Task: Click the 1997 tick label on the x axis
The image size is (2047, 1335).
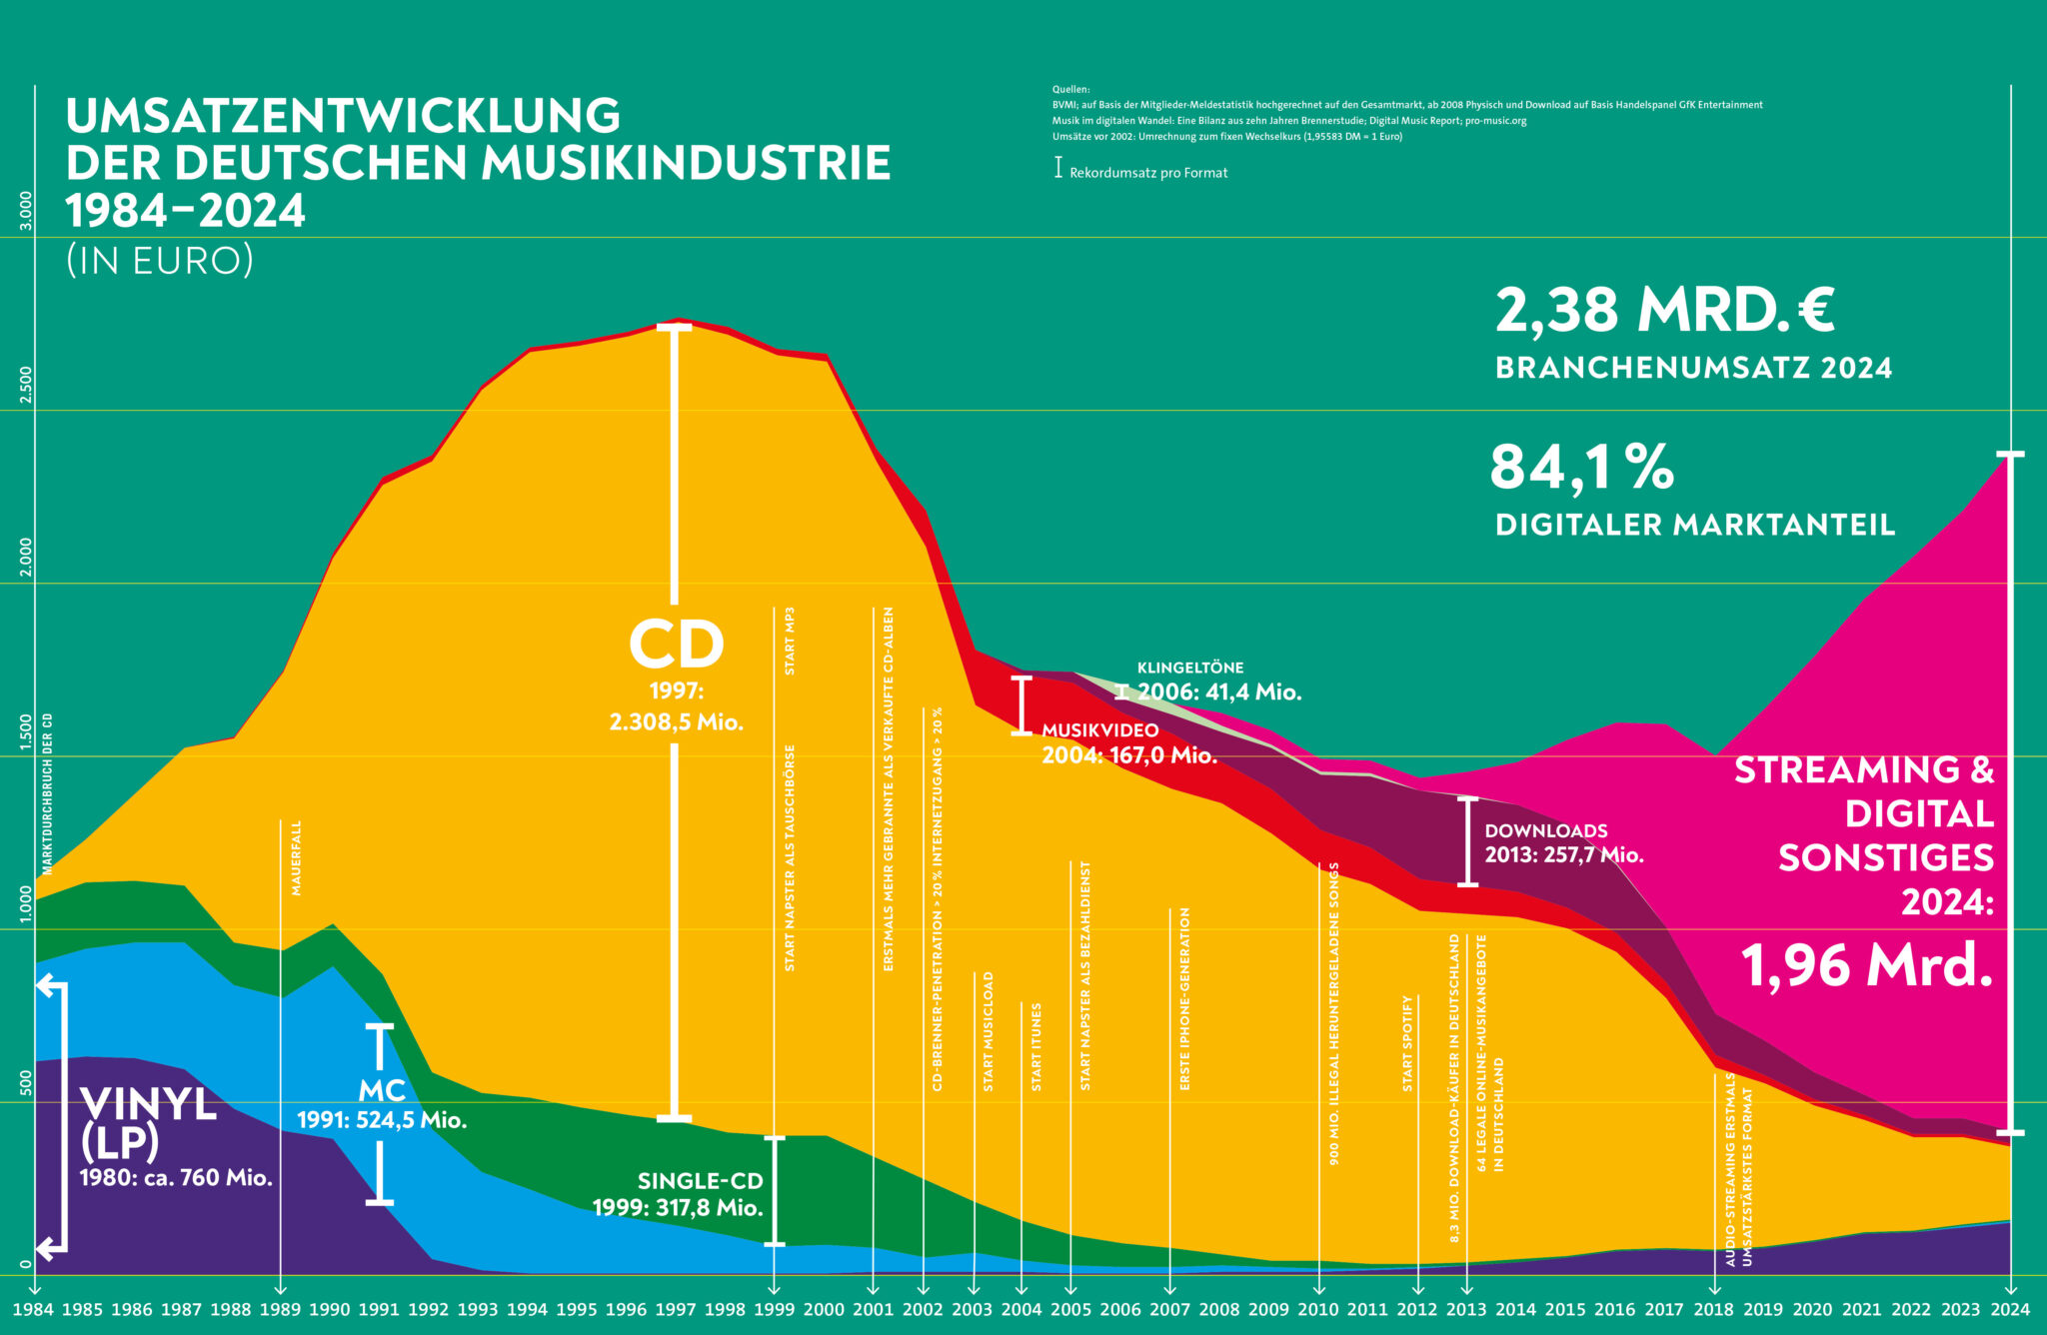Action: pyautogui.click(x=676, y=1310)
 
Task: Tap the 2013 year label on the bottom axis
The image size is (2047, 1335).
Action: pyautogui.click(x=1465, y=1310)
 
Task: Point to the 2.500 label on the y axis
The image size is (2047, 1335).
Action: pyautogui.click(x=26, y=384)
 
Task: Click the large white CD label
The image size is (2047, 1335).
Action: pyautogui.click(x=677, y=645)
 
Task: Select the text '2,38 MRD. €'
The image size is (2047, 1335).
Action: pyautogui.click(x=1664, y=310)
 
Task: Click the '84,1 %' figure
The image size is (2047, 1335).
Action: pyautogui.click(x=1581, y=468)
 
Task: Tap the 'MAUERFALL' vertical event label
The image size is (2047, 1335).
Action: pyautogui.click(x=296, y=857)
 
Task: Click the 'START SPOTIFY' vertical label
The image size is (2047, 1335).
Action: pyautogui.click(x=1407, y=1043)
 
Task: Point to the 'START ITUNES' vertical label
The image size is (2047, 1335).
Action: pyautogui.click(x=1036, y=1046)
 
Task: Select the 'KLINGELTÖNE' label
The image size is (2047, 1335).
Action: pyautogui.click(x=1189, y=667)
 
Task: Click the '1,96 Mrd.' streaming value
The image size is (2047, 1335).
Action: pyautogui.click(x=1866, y=965)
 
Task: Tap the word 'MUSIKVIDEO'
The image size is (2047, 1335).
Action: pyautogui.click(x=1099, y=730)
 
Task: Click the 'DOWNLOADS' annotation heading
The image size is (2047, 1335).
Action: pyautogui.click(x=1545, y=830)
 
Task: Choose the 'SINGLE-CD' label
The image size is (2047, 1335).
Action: pyautogui.click(x=700, y=1181)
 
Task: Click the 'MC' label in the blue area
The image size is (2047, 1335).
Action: pyautogui.click(x=382, y=1090)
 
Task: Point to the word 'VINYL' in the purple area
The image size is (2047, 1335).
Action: pyautogui.click(x=148, y=1104)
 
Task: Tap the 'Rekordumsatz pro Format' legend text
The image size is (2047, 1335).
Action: pyautogui.click(x=1147, y=173)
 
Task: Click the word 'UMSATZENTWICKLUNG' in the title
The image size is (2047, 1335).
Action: pyautogui.click(x=343, y=116)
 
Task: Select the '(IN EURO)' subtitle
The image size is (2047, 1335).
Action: pyautogui.click(x=160, y=260)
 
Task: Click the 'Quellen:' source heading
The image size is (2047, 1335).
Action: pyautogui.click(x=1070, y=90)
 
